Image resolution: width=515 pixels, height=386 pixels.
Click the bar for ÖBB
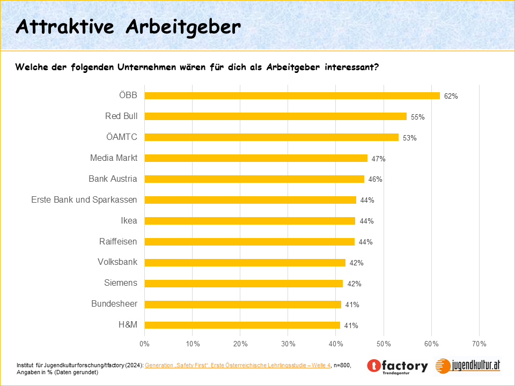pos(292,95)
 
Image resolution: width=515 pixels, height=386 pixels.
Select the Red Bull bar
pos(275,116)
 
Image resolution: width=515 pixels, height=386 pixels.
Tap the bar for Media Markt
pos(256,158)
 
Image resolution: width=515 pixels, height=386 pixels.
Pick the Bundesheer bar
pos(242,304)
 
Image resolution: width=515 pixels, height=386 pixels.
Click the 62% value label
pos(451,96)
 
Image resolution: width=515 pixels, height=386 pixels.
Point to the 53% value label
pos(410,138)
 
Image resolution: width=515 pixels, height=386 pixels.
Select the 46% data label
pos(375,180)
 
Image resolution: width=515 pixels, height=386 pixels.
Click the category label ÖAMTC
pos(122,137)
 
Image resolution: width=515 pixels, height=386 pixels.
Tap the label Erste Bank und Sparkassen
pos(84,200)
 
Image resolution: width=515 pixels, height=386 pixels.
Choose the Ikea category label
pos(129,221)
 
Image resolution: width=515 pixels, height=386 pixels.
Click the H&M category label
pos(128,325)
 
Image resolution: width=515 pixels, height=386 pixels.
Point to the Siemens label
pos(121,283)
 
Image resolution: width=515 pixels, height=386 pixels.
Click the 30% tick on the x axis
pos(288,343)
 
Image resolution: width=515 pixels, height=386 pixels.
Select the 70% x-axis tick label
pos(479,343)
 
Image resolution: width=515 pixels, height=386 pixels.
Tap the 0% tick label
pos(144,343)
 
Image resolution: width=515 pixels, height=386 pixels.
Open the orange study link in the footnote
pos(238,365)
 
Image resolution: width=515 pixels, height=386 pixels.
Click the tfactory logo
pos(398,367)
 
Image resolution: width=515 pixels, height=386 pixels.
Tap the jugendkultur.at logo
pos(468,366)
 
